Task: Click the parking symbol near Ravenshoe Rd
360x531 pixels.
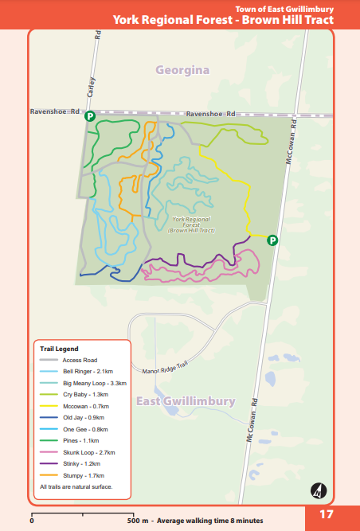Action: click(90, 116)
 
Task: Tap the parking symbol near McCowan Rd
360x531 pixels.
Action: click(272, 240)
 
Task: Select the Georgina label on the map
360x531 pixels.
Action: click(182, 70)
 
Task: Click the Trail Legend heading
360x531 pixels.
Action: click(59, 349)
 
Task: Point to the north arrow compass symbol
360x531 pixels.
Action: click(319, 490)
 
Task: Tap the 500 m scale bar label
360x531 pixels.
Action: click(136, 521)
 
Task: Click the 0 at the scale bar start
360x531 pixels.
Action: click(32, 521)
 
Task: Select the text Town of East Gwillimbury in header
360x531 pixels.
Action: click(285, 8)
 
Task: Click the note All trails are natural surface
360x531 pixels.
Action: click(76, 486)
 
